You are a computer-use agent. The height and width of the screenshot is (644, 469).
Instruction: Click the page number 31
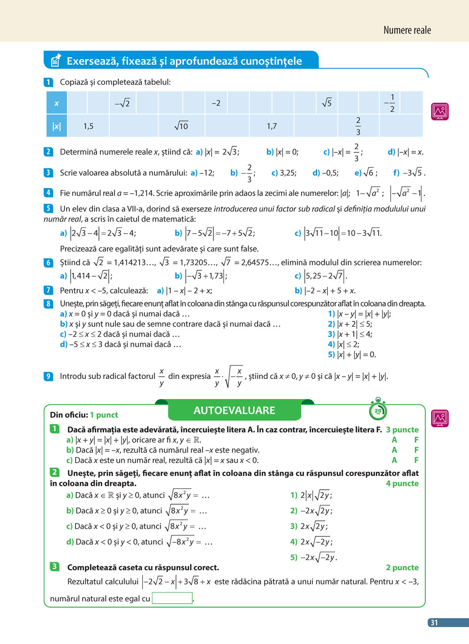tap(434, 622)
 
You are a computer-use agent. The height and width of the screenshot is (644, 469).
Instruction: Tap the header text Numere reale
tap(407, 30)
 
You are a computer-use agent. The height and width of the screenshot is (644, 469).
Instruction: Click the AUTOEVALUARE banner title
tap(234, 410)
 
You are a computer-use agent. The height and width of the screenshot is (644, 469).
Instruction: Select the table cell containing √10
tap(181, 126)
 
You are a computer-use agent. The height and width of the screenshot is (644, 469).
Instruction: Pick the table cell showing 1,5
tap(88, 126)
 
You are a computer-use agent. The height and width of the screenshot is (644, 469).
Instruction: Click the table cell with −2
tap(216, 103)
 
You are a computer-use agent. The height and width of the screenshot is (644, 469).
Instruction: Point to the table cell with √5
tap(327, 103)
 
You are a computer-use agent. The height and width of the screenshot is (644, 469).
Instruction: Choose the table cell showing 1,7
tap(272, 126)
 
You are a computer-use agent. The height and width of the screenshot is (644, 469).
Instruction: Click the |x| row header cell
tap(57, 126)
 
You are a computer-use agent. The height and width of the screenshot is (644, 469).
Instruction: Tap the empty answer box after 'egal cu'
tap(172, 598)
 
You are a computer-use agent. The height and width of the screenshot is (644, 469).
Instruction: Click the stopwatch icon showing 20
tap(378, 410)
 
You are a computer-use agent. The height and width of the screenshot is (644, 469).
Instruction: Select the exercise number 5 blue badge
tap(48, 208)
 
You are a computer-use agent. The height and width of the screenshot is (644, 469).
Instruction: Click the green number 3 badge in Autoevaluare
tap(54, 567)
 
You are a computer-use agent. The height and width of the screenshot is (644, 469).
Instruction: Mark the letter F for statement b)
tap(416, 450)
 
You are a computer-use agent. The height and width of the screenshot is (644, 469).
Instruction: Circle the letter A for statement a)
tap(394, 440)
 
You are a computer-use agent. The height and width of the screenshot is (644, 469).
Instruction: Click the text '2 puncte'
tap(402, 568)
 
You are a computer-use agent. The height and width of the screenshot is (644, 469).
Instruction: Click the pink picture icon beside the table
tap(440, 111)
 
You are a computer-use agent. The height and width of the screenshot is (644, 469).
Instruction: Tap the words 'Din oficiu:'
tap(69, 415)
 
